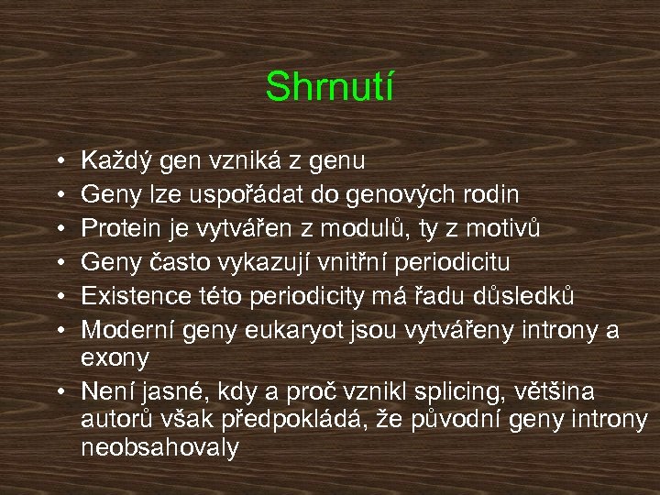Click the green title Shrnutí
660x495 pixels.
tap(329, 88)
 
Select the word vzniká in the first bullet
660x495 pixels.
tap(241, 161)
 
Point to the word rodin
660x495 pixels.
tap(492, 194)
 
